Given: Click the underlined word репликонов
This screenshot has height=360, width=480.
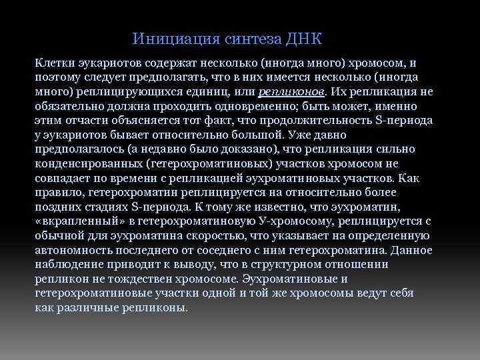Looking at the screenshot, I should pyautogui.click(x=291, y=92).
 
